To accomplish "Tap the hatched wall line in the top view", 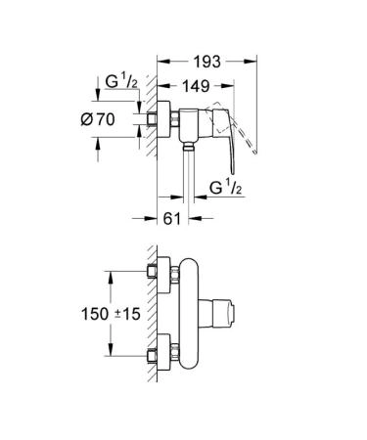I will (143, 147).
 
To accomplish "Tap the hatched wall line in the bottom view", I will (143, 323).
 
